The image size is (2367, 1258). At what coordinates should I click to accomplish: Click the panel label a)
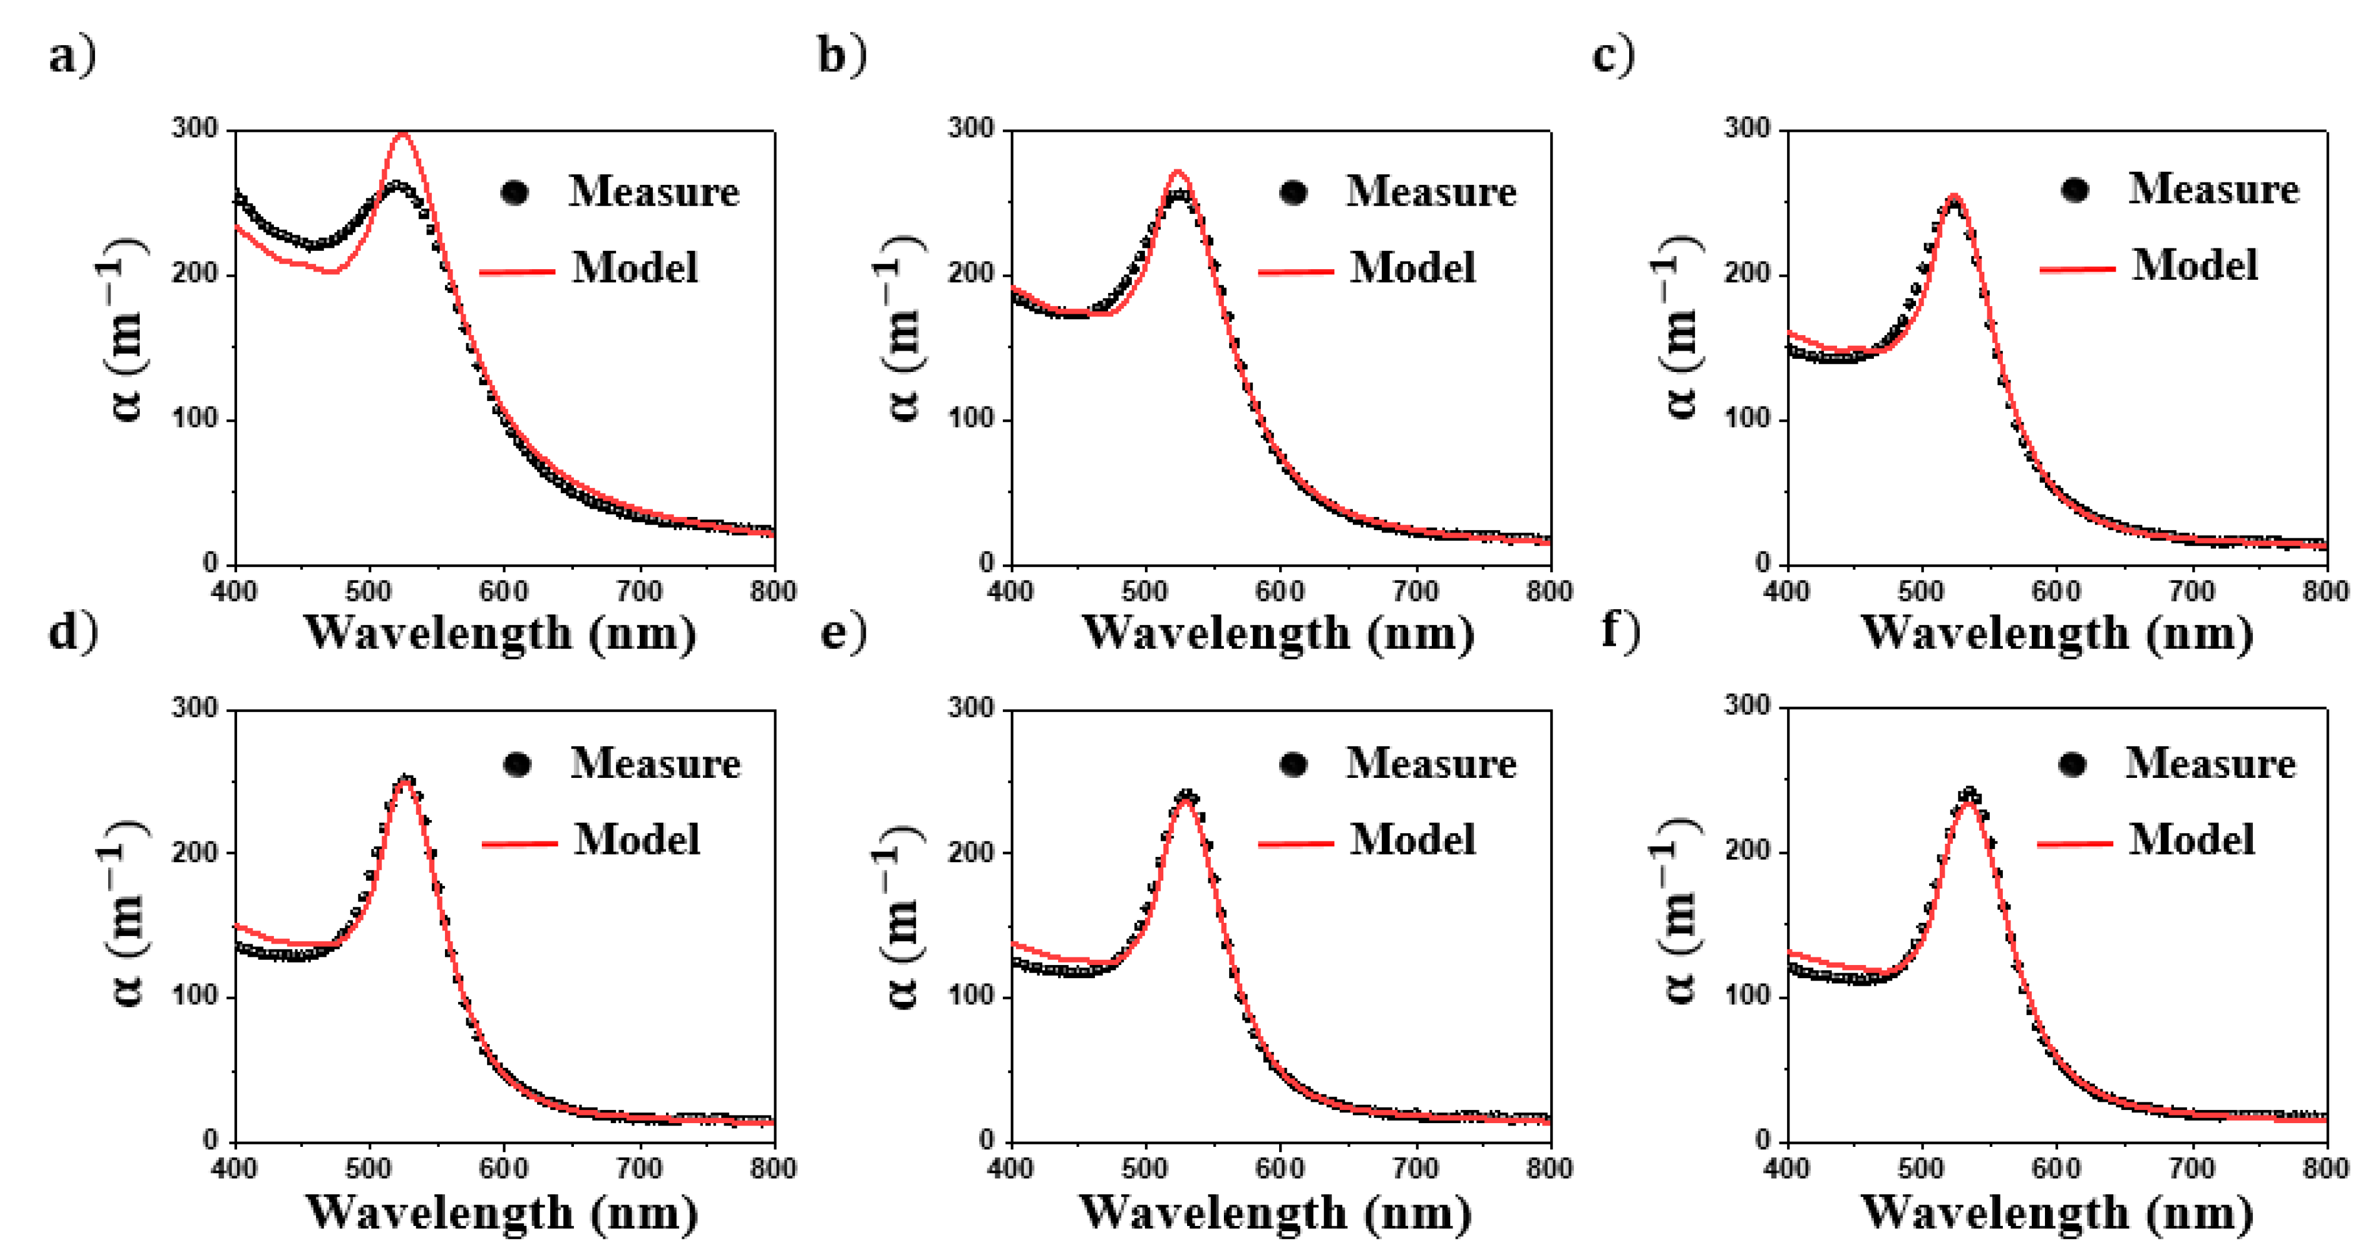point(72,57)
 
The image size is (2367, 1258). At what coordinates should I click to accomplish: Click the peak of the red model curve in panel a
point(402,135)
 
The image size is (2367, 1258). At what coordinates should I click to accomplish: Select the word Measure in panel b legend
point(1431,191)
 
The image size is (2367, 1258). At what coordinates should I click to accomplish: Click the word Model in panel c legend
point(2194,266)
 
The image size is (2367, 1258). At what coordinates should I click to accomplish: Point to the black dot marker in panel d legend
point(517,765)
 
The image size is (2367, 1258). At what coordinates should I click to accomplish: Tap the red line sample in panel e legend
point(1296,841)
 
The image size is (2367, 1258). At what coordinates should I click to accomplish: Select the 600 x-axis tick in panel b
point(1280,591)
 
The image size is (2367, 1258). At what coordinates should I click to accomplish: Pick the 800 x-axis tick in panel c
point(2325,591)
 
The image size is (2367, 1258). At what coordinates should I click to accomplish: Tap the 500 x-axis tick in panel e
point(1145,1169)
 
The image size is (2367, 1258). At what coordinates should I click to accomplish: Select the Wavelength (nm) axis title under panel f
point(2056,1212)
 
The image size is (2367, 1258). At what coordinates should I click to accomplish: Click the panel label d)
point(72,632)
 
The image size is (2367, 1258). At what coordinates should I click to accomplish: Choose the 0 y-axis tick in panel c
point(1762,563)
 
